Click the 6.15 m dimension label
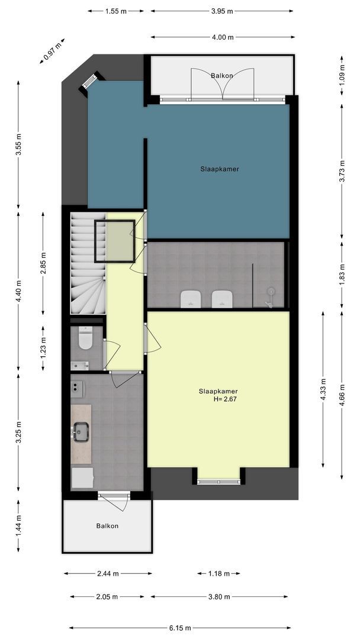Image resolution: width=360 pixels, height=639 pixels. click(180, 628)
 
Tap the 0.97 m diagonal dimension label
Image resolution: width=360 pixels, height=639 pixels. click(52, 51)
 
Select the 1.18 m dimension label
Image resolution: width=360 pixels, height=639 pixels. click(219, 573)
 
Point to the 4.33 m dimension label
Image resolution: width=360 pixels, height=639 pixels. click(323, 389)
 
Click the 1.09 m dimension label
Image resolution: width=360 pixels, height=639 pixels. click(342, 75)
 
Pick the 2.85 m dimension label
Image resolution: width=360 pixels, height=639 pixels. click(43, 263)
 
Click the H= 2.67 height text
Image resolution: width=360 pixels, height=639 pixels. click(225, 399)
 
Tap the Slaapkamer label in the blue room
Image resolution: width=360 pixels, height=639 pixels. click(219, 169)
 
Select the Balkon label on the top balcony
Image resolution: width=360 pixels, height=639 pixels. click(222, 75)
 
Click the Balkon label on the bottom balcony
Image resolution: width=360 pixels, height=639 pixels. click(107, 526)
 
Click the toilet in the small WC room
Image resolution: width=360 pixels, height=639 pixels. click(85, 338)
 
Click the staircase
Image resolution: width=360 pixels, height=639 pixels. click(88, 263)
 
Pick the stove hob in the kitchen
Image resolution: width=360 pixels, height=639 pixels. click(77, 389)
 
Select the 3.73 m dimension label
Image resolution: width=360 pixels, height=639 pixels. click(342, 171)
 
